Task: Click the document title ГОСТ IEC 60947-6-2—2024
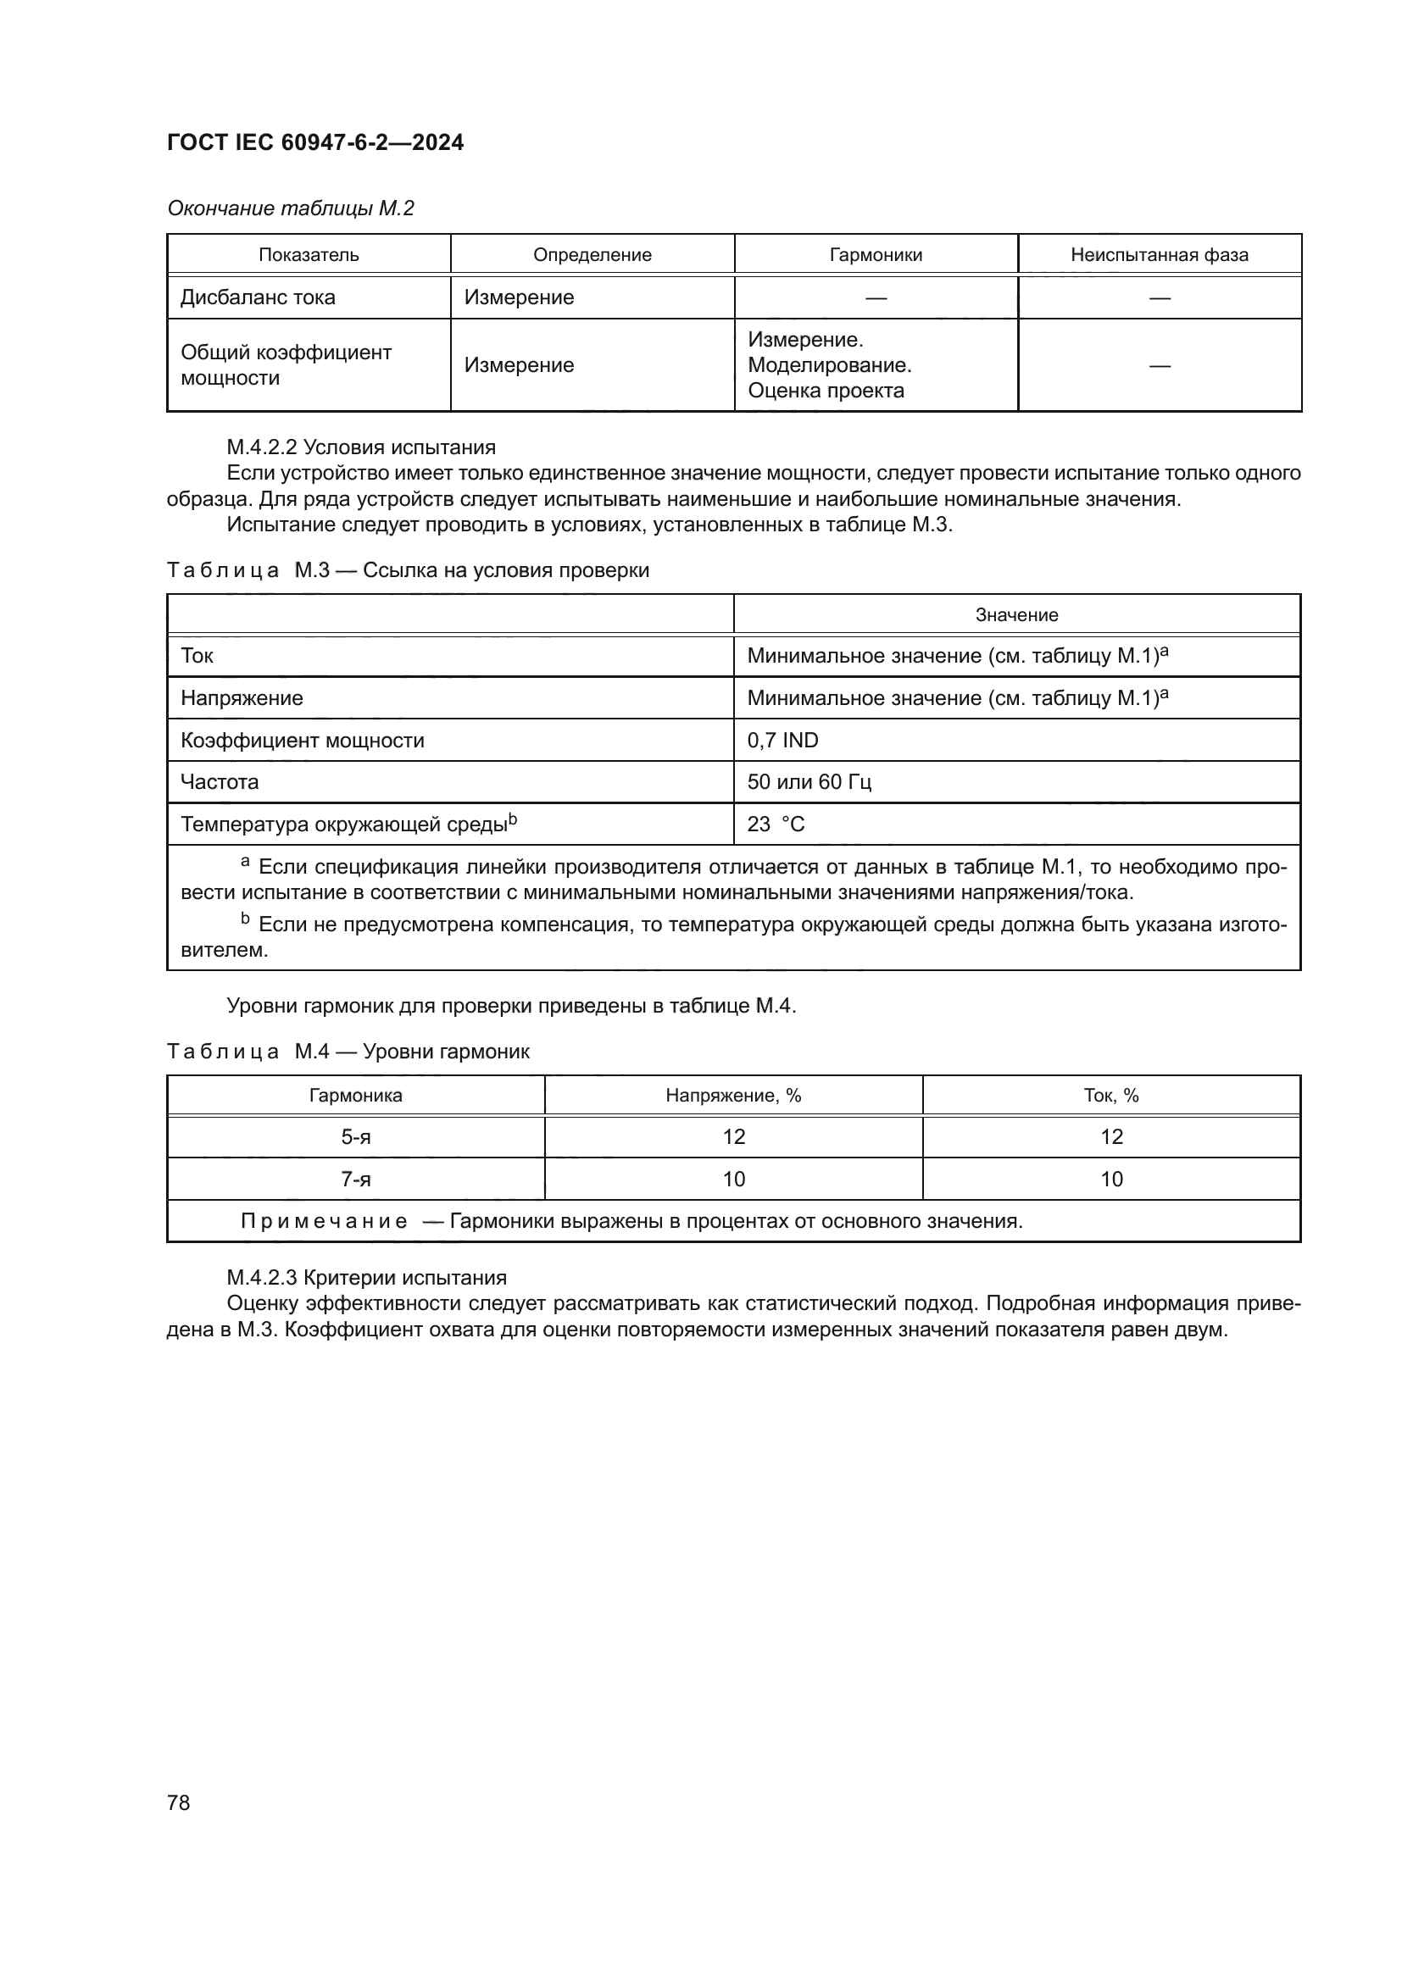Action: pos(314,142)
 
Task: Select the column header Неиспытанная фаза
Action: pos(1159,255)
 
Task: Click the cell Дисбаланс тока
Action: pos(258,297)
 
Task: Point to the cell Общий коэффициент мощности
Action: pos(285,365)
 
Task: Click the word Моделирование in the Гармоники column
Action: pos(829,365)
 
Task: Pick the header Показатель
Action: pos(309,255)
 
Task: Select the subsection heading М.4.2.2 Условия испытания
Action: pos(361,447)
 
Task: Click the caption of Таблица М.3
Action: pos(408,570)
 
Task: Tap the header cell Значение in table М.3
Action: pos(1016,614)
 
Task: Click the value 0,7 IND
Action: pos(782,741)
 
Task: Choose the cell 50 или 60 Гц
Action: pos(809,782)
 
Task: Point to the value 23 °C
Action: pos(776,824)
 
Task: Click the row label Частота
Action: pos(220,782)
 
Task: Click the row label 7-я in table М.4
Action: pos(356,1180)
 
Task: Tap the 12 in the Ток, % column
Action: pos(1111,1137)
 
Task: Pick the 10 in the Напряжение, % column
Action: pos(733,1180)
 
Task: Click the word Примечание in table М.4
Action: pos(324,1222)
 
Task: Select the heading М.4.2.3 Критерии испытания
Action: pos(366,1278)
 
